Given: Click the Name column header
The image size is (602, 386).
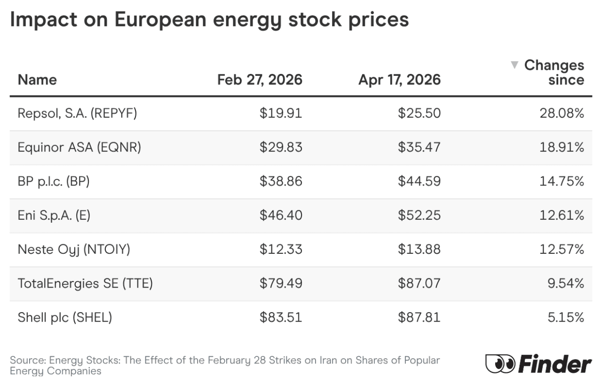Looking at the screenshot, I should coord(37,80).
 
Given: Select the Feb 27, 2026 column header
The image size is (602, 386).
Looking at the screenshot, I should coord(260,80).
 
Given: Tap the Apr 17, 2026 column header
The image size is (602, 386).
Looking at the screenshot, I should coord(399,80).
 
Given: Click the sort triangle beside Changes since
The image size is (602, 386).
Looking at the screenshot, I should coord(515,64).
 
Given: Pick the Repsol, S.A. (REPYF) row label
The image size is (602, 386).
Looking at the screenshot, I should coord(77,113).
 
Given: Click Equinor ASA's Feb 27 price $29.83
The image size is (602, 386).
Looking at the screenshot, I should coord(281,147).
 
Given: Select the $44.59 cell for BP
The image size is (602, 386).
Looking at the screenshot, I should coord(419,181).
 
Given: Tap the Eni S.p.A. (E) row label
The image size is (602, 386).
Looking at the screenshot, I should coord(54,215).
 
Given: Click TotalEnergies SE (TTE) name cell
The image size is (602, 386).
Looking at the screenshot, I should coord(85,283).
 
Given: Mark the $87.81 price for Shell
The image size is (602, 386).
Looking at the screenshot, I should coord(419,317).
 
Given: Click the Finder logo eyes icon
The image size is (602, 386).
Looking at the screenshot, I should coord(500,364).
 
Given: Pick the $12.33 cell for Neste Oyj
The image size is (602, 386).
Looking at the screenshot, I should coord(281,249).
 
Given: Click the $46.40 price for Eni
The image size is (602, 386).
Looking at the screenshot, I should coord(281,215).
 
